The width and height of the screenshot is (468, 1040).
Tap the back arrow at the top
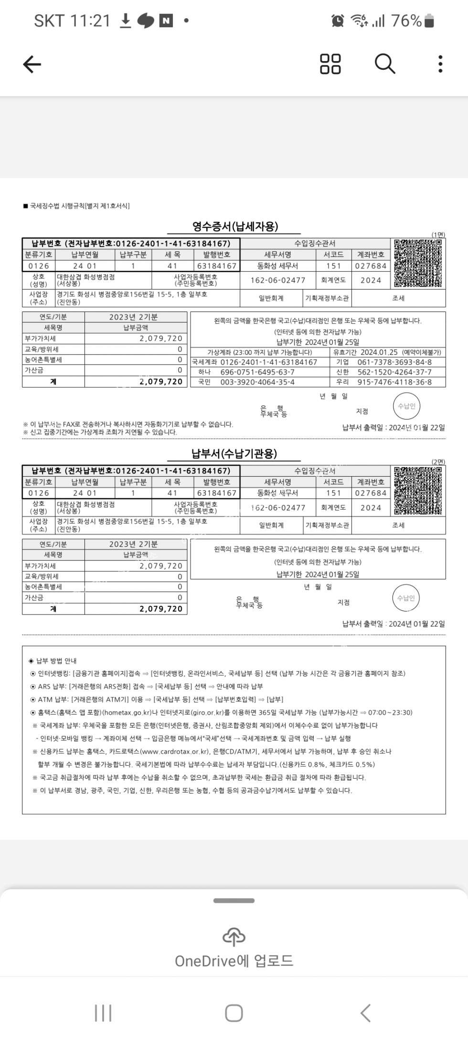click(32, 64)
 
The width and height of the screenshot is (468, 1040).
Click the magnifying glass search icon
click(384, 64)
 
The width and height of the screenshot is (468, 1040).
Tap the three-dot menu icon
click(440, 64)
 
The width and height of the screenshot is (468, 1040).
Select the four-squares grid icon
click(330, 64)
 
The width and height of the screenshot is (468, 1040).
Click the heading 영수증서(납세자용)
click(235, 226)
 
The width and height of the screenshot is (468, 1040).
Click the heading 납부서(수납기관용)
click(234, 453)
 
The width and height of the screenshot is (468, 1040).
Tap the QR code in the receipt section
click(417, 263)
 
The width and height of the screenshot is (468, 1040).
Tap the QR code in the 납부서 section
click(417, 491)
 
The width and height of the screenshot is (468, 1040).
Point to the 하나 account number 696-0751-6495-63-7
click(257, 372)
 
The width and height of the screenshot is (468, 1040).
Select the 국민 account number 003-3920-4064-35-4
click(257, 382)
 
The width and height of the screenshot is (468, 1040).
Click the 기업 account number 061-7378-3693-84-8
click(394, 362)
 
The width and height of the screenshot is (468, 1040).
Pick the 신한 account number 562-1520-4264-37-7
click(394, 372)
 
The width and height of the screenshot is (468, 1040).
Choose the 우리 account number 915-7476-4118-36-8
click(394, 382)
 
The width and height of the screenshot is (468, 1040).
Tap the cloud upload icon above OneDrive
click(234, 937)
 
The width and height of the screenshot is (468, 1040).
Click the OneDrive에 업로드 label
click(234, 961)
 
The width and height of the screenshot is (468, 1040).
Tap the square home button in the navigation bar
click(234, 1013)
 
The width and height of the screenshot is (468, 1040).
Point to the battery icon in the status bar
click(429, 21)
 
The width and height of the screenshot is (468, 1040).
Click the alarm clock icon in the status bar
click(338, 21)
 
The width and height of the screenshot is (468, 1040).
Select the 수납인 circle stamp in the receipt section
click(406, 407)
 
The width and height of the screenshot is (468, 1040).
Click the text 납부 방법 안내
click(56, 661)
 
